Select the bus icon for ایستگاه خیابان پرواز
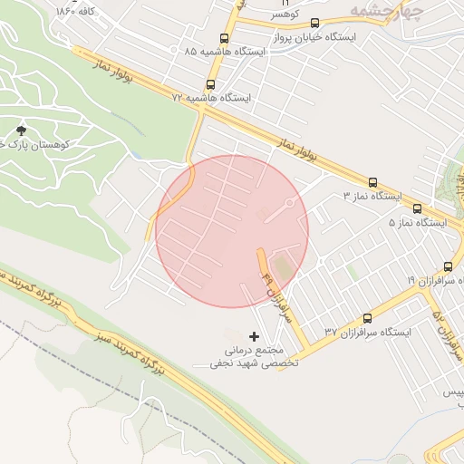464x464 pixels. click(x=314, y=24)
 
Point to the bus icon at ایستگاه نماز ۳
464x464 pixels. click(x=372, y=182)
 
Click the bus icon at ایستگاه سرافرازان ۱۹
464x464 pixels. click(x=422, y=266)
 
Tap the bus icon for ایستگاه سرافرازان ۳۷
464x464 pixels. click(x=367, y=319)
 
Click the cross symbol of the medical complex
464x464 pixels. click(x=253, y=336)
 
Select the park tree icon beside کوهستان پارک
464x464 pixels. click(x=22, y=132)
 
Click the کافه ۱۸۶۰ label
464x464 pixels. click(x=76, y=12)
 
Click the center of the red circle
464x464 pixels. click(x=232, y=231)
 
